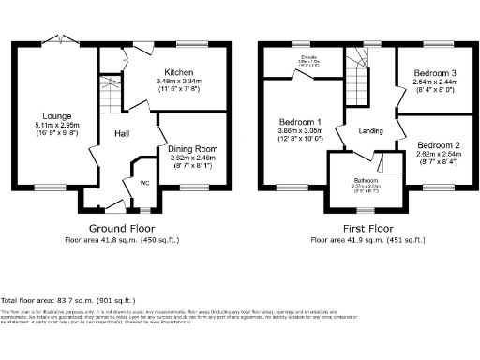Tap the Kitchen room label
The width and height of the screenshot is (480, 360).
(x=179, y=72)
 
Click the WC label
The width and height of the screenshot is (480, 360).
(x=143, y=182)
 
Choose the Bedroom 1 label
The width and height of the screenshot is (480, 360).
(x=300, y=122)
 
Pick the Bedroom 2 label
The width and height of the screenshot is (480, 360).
(x=438, y=145)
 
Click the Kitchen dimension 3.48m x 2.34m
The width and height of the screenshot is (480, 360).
(x=179, y=82)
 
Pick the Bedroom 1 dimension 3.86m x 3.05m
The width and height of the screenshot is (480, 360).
(x=300, y=131)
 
